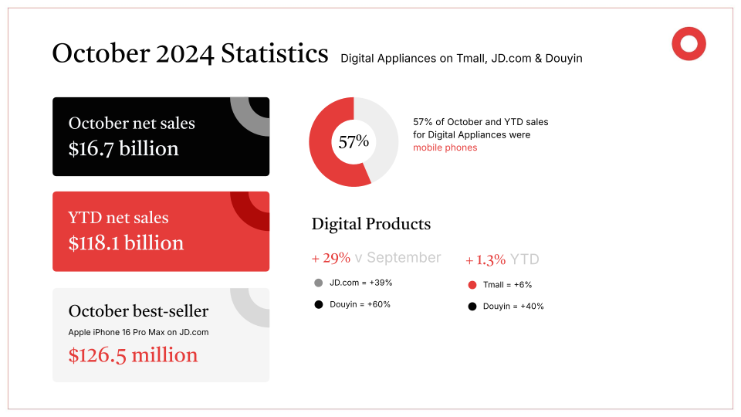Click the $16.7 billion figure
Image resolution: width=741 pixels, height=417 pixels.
[x=123, y=148]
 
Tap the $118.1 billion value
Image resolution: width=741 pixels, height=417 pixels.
[x=126, y=243]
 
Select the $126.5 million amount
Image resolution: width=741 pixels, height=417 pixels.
[x=133, y=355]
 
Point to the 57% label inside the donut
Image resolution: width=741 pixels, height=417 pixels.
[x=354, y=142]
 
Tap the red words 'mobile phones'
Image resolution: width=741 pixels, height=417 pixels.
[x=445, y=147]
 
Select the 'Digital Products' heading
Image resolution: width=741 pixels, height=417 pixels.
[x=370, y=224]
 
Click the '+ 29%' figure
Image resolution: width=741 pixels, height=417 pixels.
[x=331, y=258]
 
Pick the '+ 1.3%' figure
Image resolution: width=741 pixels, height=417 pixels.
[x=486, y=259]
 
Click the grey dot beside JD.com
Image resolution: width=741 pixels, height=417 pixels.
[x=318, y=283]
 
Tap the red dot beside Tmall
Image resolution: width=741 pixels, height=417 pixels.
[x=472, y=285]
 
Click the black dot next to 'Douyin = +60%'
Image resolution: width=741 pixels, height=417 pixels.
[x=318, y=304]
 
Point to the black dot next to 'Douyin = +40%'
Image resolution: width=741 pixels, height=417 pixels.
[x=472, y=307]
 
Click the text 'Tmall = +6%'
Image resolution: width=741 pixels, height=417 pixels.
[x=507, y=285]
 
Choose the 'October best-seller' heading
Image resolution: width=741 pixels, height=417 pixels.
[x=138, y=311]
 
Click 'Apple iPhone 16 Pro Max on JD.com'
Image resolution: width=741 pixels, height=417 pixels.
[x=138, y=332]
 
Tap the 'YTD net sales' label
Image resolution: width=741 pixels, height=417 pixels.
[x=118, y=218]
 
